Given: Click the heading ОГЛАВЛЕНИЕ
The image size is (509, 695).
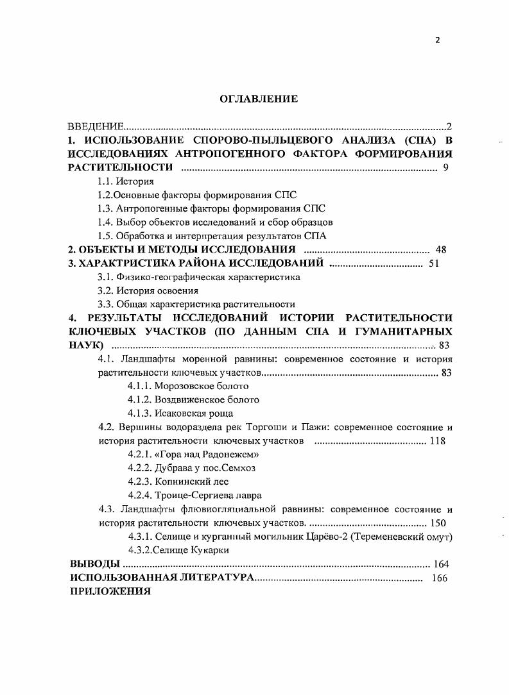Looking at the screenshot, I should click(x=259, y=99).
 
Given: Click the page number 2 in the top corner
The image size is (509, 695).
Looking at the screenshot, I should click(x=438, y=40).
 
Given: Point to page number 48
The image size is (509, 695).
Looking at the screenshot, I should click(x=440, y=249).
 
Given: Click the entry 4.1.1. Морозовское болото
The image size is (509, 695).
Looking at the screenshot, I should click(x=188, y=386).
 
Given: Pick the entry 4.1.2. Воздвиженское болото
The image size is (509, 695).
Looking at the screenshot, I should click(x=193, y=399).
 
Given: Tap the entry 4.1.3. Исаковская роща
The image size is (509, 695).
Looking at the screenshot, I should click(x=180, y=413).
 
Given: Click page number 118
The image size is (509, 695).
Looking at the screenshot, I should click(x=438, y=440).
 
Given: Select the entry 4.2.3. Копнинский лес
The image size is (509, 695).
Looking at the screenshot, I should click(x=178, y=481).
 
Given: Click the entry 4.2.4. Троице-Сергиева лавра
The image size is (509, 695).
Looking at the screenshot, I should click(x=194, y=495).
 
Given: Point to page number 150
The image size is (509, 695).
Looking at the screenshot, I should click(x=438, y=523).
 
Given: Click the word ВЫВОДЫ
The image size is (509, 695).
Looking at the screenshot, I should click(x=94, y=564).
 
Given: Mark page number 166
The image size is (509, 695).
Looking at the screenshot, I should click(x=439, y=578).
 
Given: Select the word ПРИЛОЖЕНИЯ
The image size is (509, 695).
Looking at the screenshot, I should click(x=110, y=591).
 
